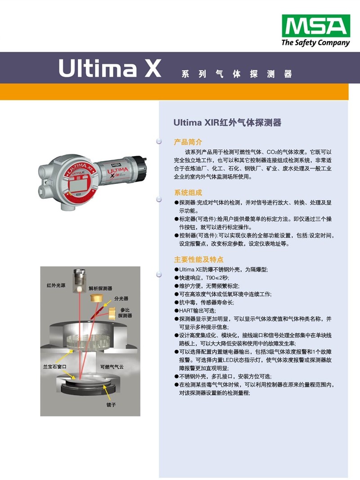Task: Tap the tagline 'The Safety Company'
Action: tap(315, 43)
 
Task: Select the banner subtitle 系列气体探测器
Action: tap(236, 74)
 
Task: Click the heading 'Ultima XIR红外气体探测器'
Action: tap(227, 122)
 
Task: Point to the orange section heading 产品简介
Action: tap(188, 142)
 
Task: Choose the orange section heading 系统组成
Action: tap(188, 192)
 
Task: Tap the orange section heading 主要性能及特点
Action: tap(198, 260)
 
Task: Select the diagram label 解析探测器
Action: tap(100, 288)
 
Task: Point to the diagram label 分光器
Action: tap(121, 298)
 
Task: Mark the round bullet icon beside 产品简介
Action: tap(158, 141)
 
